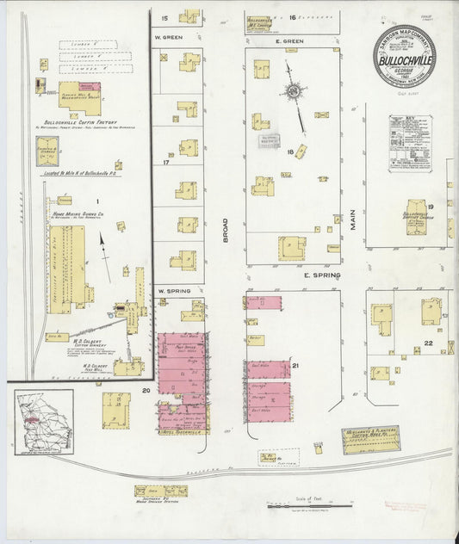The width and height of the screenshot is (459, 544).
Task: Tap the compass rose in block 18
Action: pyautogui.click(x=295, y=92)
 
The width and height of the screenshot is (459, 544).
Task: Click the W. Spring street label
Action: pyautogui.click(x=172, y=291)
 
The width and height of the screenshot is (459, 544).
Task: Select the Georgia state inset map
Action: pyautogui.click(x=43, y=421)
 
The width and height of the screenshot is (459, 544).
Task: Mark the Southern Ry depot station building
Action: pyautogui.click(x=160, y=491)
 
